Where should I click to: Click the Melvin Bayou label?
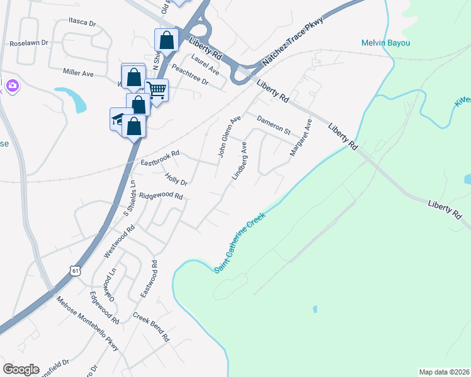[386, 43]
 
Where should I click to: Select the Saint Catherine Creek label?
[239, 242]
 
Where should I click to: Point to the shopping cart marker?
[156, 90]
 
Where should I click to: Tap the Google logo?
[21, 369]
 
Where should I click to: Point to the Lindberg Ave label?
[239, 160]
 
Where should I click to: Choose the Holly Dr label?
[176, 179]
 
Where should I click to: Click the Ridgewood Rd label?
[161, 196]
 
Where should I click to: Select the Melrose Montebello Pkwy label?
[86, 327]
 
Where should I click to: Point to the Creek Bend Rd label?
[151, 327]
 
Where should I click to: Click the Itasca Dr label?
[82, 23]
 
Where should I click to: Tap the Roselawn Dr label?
[29, 44]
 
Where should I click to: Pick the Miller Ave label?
[77, 74]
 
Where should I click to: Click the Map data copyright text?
[444, 371]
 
